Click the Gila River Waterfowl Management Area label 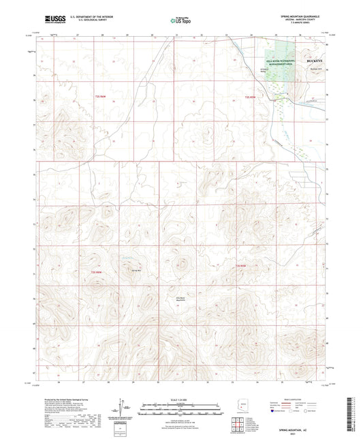click(x=280, y=61)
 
